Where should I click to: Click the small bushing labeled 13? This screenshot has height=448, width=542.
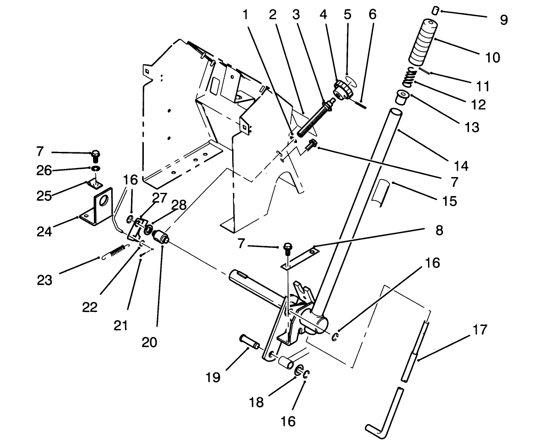[x=402, y=97]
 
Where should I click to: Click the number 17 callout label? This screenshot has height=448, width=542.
[x=480, y=329]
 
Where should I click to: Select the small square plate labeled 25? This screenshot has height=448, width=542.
[x=94, y=183]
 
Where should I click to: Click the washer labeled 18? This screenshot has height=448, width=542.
[x=300, y=370]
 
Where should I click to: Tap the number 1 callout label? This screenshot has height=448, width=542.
[x=245, y=15]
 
